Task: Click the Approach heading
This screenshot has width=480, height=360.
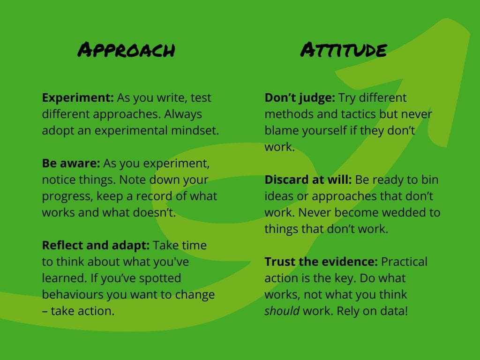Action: point(126,50)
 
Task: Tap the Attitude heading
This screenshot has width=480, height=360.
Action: point(344,50)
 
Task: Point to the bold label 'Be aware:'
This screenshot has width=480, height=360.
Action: point(71,163)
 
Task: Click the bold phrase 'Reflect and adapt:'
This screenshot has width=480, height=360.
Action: point(96,246)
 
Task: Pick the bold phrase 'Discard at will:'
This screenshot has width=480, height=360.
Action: point(308,180)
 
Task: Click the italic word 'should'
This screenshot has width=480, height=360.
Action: point(282,311)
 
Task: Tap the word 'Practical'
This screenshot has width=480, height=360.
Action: point(404,262)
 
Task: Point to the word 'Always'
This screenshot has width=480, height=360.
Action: point(183,114)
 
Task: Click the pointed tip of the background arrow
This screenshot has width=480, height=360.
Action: point(448,19)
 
